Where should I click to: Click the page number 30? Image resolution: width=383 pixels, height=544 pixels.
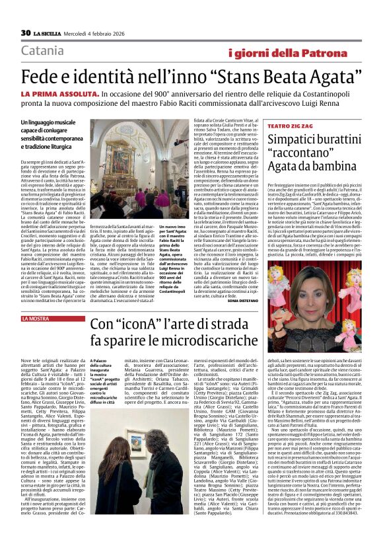(25, 33)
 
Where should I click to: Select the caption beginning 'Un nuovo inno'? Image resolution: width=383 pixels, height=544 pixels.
(173, 251)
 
